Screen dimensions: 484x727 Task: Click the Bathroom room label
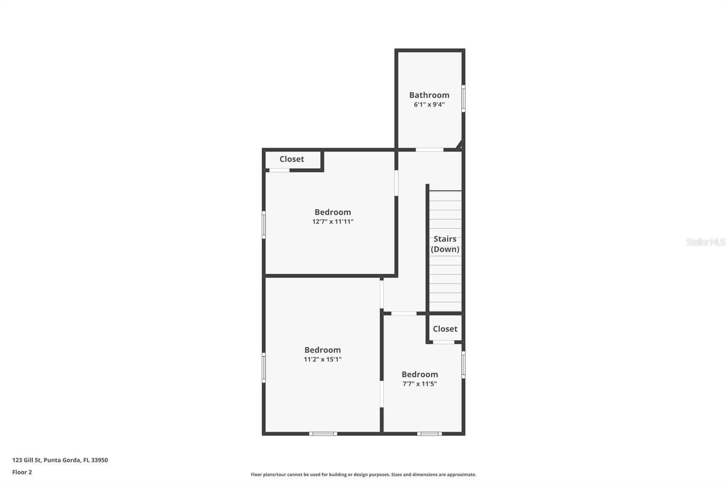pyautogui.click(x=429, y=95)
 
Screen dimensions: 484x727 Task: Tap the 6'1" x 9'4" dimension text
pyautogui.click(x=429, y=104)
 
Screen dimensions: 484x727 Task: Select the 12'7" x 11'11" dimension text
pyautogui.click(x=333, y=222)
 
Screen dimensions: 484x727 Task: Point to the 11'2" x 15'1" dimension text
pyautogui.click(x=323, y=359)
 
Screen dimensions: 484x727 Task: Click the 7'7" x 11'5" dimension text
pyautogui.click(x=419, y=384)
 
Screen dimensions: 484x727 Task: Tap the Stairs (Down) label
pyautogui.click(x=445, y=244)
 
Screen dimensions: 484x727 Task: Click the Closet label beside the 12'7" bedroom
pyautogui.click(x=292, y=159)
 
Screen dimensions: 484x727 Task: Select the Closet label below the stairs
pyautogui.click(x=445, y=329)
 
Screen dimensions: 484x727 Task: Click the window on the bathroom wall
pyautogui.click(x=463, y=98)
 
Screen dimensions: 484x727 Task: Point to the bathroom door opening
pyautogui.click(x=429, y=150)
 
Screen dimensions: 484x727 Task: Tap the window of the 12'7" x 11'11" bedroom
pyautogui.click(x=264, y=225)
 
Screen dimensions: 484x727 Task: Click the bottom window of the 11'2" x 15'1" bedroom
pyautogui.click(x=323, y=434)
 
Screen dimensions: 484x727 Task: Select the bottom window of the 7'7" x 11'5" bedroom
pyautogui.click(x=429, y=434)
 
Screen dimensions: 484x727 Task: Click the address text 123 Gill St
pyautogui.click(x=60, y=460)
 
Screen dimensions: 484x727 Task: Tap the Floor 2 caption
pyautogui.click(x=22, y=472)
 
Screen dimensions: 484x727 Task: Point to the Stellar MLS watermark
pyautogui.click(x=705, y=242)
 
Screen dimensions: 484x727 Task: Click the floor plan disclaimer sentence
pyautogui.click(x=363, y=474)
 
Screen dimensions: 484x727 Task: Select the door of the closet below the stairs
pyautogui.click(x=443, y=342)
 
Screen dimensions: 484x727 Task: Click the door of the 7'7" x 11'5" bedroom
pyautogui.click(x=403, y=313)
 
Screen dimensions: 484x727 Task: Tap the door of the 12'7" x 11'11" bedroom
pyautogui.click(x=396, y=183)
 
